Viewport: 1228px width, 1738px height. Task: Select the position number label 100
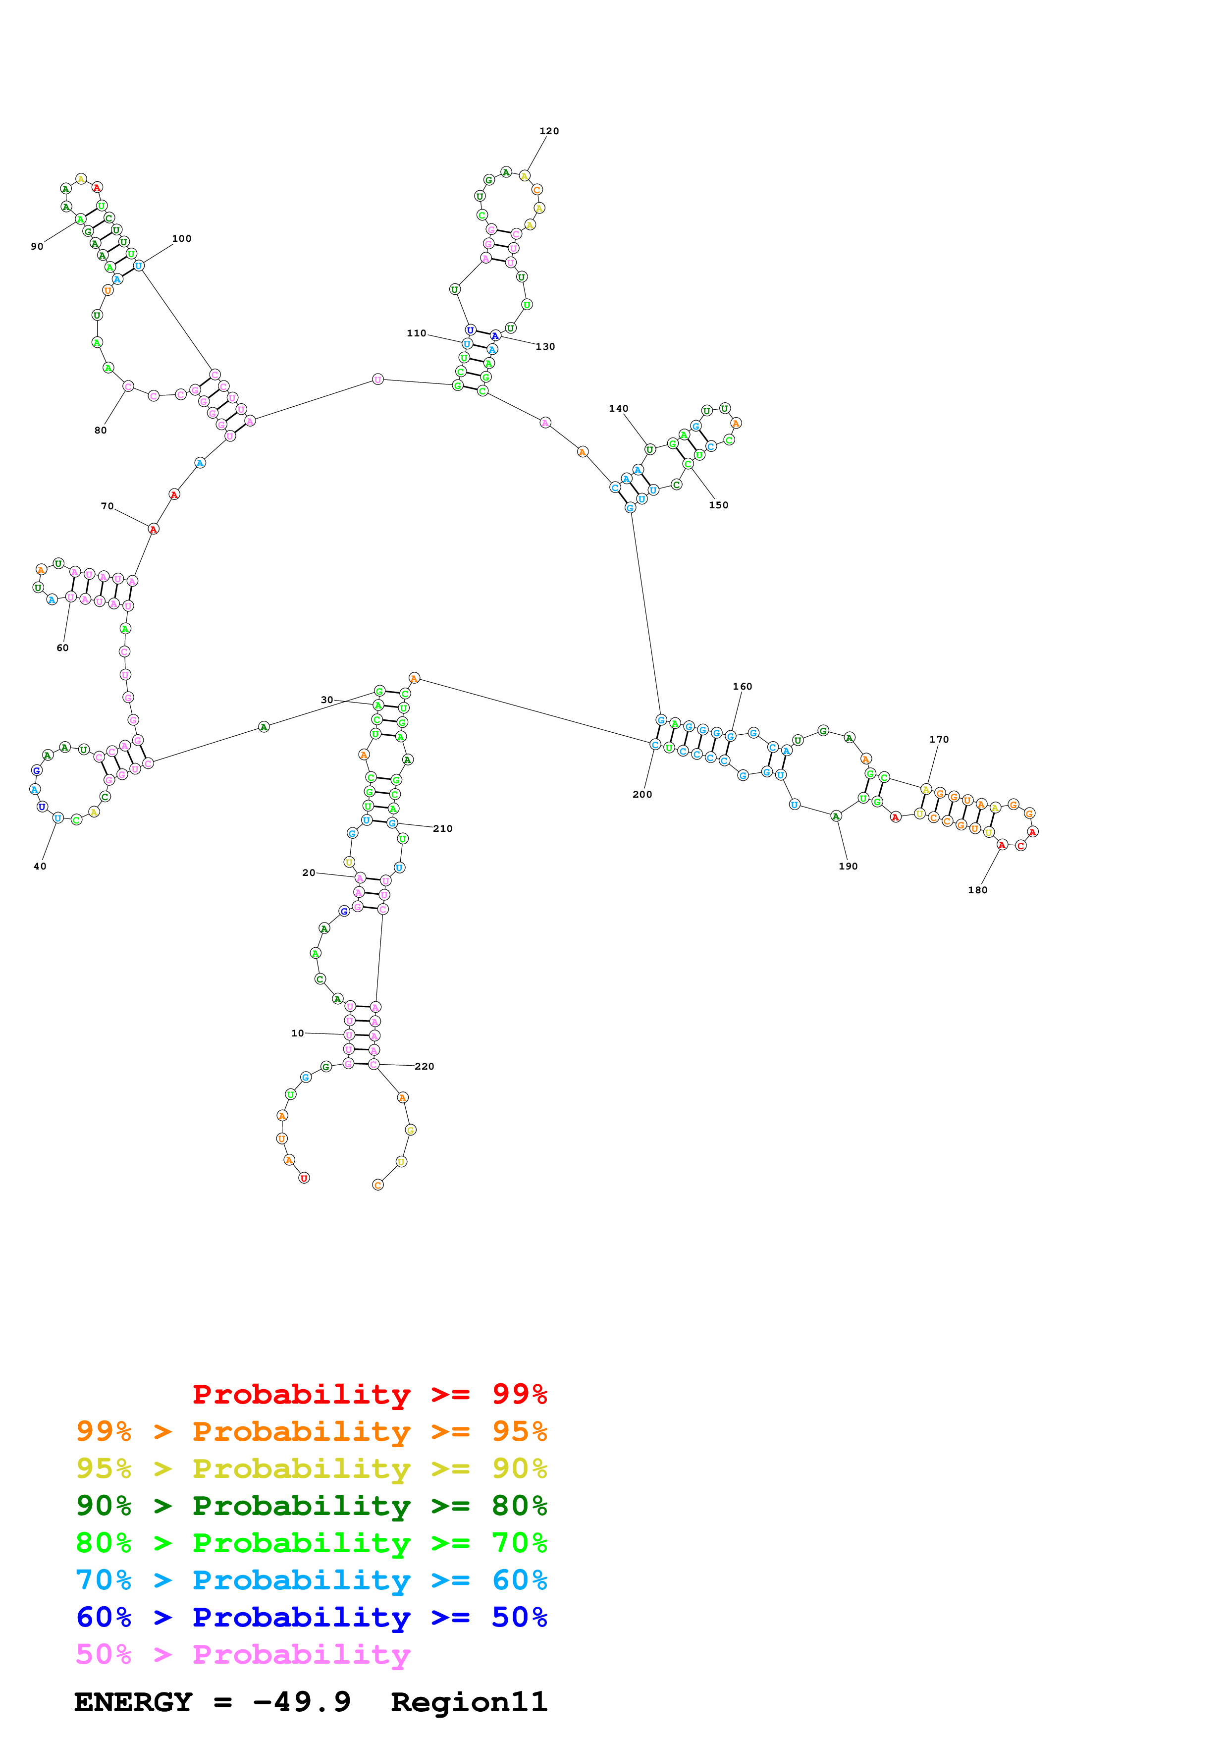(182, 238)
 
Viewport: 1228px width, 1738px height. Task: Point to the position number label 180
(977, 890)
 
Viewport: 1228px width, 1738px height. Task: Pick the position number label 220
(425, 1067)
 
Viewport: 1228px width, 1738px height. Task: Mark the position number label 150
(718, 506)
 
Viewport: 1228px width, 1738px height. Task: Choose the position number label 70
(107, 506)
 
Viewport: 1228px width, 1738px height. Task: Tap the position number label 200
(641, 795)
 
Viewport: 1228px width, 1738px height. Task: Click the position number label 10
(297, 1033)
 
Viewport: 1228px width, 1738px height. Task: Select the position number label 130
(545, 347)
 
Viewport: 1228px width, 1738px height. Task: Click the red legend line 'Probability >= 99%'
(369, 1394)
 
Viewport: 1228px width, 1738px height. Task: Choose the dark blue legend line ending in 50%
(311, 1617)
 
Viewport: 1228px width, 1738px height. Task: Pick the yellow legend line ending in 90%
(311, 1468)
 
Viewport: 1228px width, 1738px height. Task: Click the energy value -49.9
(301, 1702)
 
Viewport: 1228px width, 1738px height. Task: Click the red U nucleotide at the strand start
(304, 1178)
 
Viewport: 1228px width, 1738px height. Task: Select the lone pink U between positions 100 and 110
(377, 379)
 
